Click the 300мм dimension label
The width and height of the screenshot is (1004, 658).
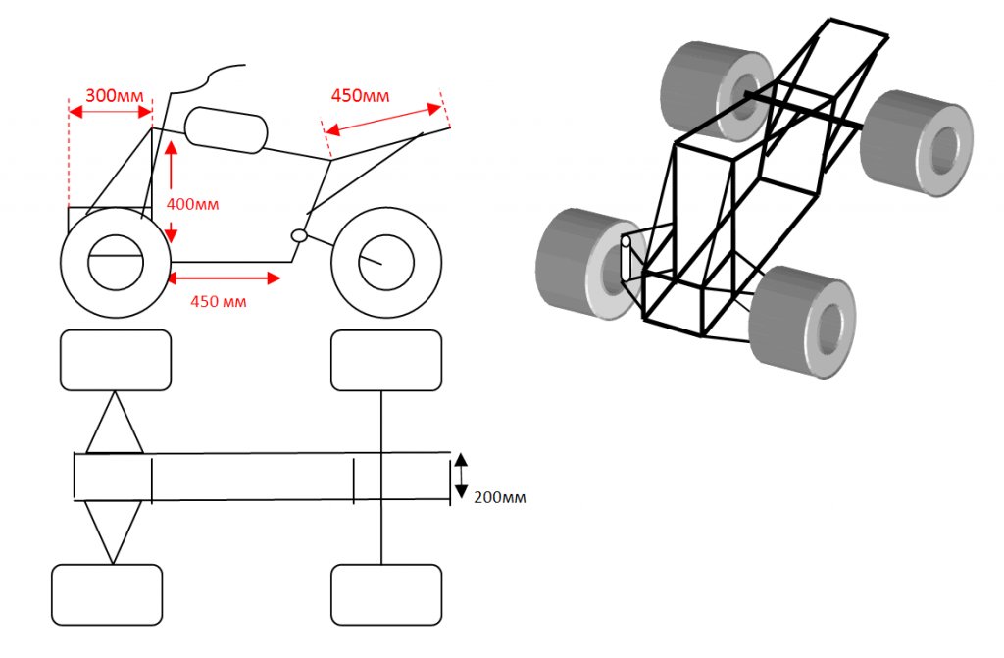click(x=115, y=96)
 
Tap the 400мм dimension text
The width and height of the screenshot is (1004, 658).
click(x=192, y=205)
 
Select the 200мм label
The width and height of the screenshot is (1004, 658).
click(x=500, y=497)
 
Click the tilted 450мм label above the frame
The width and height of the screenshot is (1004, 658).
click(x=360, y=96)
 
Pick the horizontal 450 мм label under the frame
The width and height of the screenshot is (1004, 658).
click(x=217, y=301)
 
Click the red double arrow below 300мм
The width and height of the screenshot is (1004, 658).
click(x=111, y=114)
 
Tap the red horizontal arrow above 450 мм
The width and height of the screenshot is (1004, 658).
click(x=225, y=278)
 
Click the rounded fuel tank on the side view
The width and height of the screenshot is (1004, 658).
click(x=226, y=129)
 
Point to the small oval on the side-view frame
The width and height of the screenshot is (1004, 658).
click(x=300, y=235)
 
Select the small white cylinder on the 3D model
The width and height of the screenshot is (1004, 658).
click(x=627, y=257)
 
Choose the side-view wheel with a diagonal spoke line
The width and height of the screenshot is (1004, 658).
click(x=385, y=263)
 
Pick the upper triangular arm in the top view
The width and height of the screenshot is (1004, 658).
click(x=115, y=424)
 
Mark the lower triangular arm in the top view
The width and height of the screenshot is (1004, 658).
click(x=114, y=530)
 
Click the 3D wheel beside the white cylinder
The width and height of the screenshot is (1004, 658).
click(x=580, y=263)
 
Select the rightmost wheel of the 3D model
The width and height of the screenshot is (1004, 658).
click(x=918, y=143)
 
